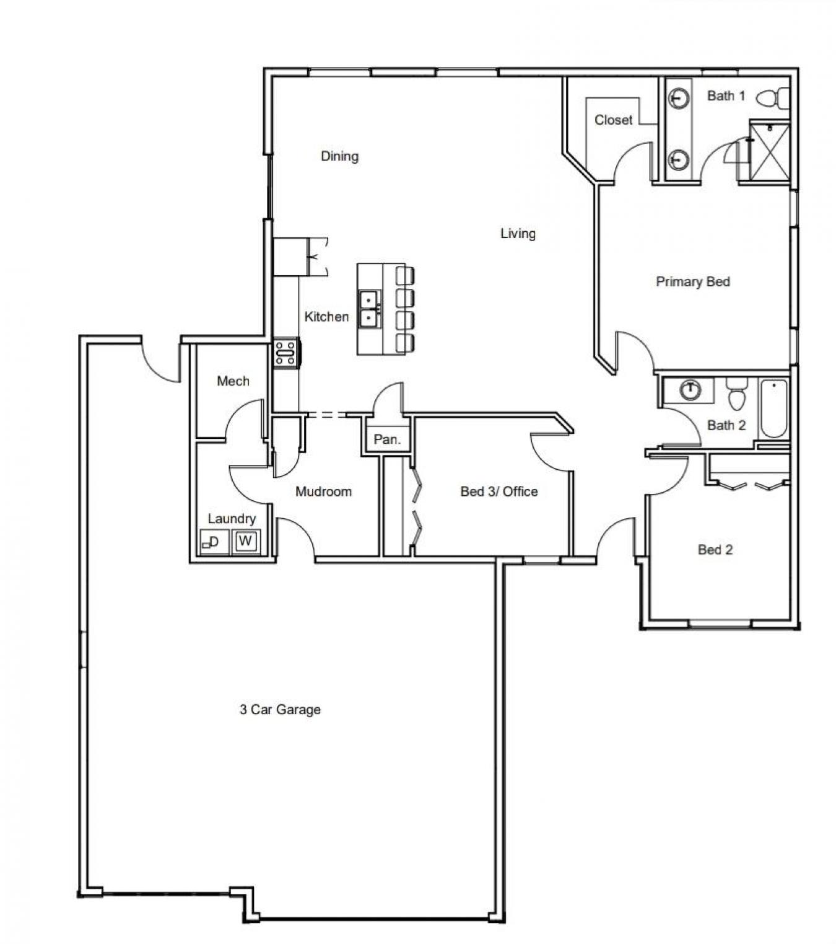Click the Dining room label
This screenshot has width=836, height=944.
(339, 156)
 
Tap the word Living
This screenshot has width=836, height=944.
(518, 234)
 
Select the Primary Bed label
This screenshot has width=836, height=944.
(692, 282)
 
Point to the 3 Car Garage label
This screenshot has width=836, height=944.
(280, 710)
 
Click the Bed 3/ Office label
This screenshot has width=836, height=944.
(499, 492)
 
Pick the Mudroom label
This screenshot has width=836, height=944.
(323, 492)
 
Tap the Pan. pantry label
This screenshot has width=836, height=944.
(387, 439)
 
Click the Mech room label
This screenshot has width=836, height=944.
(233, 381)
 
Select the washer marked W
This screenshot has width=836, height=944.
(246, 541)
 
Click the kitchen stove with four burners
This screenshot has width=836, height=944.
(285, 353)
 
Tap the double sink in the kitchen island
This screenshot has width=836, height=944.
(369, 309)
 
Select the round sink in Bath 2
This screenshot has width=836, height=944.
(689, 390)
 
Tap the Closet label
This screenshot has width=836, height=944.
(613, 120)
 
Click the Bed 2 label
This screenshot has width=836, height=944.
(715, 550)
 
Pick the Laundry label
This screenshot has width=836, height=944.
(231, 519)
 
